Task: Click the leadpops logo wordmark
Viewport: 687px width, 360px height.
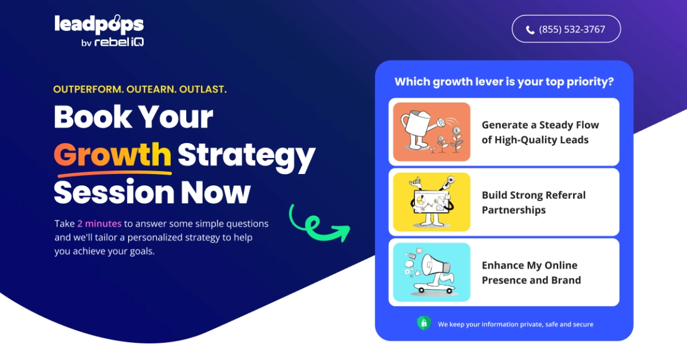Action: (99, 24)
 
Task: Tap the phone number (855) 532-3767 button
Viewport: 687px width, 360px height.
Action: (566, 29)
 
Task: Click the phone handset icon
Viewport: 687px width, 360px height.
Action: (530, 30)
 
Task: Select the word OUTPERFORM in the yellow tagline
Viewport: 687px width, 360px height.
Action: (88, 89)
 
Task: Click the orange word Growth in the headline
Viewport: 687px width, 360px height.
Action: (113, 154)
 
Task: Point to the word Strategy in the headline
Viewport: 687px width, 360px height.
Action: (246, 156)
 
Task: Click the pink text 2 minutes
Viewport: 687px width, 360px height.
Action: (100, 224)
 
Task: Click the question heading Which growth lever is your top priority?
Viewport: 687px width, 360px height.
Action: (505, 82)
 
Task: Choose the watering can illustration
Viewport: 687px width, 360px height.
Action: (432, 132)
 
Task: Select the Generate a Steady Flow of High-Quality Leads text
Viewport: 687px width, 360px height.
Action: (540, 132)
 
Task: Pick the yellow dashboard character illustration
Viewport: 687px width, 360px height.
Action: (432, 202)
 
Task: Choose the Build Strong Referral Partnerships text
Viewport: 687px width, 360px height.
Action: (534, 202)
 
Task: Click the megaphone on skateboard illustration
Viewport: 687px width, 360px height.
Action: (432, 272)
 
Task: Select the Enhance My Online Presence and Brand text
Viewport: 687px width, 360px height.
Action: (531, 272)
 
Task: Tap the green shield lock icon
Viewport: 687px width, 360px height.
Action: (423, 323)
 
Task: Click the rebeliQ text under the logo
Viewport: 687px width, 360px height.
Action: (119, 42)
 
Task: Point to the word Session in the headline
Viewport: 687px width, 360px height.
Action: (114, 193)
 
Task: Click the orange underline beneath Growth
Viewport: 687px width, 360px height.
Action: (114, 173)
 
